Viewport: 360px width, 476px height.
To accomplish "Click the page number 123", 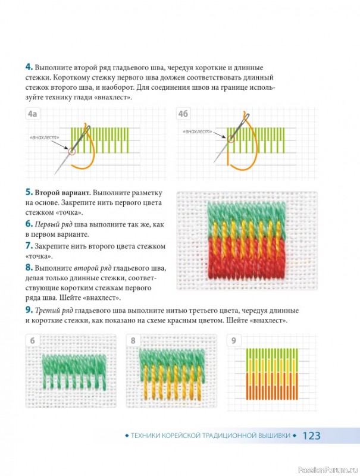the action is point(311,436).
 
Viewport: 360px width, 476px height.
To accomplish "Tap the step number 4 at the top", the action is point(29,67).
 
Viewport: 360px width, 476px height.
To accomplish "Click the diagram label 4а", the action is point(32,114).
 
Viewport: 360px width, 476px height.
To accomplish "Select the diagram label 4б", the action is point(183,114).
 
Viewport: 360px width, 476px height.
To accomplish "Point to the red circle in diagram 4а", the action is point(72,151).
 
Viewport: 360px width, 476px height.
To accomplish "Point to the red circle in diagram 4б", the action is point(231,139).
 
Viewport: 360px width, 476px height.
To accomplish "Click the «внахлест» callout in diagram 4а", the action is point(44,137).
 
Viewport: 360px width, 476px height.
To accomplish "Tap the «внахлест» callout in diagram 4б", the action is point(198,131).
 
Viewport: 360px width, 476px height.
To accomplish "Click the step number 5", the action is point(29,192).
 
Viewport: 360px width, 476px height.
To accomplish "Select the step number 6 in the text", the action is point(29,224).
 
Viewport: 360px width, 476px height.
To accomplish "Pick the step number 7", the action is point(29,245).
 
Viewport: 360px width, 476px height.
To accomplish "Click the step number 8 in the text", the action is point(29,267).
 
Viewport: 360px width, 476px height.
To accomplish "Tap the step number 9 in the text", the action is point(29,310).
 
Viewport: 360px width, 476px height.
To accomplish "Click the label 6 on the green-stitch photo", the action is point(33,340).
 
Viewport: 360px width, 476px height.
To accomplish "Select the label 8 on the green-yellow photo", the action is point(133,340).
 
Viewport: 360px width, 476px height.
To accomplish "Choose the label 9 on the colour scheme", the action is point(233,340).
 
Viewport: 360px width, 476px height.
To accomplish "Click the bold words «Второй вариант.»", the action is point(63,193).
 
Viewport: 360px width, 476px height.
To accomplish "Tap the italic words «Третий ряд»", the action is point(54,311).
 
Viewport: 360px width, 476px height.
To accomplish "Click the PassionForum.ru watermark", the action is point(328,470).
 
